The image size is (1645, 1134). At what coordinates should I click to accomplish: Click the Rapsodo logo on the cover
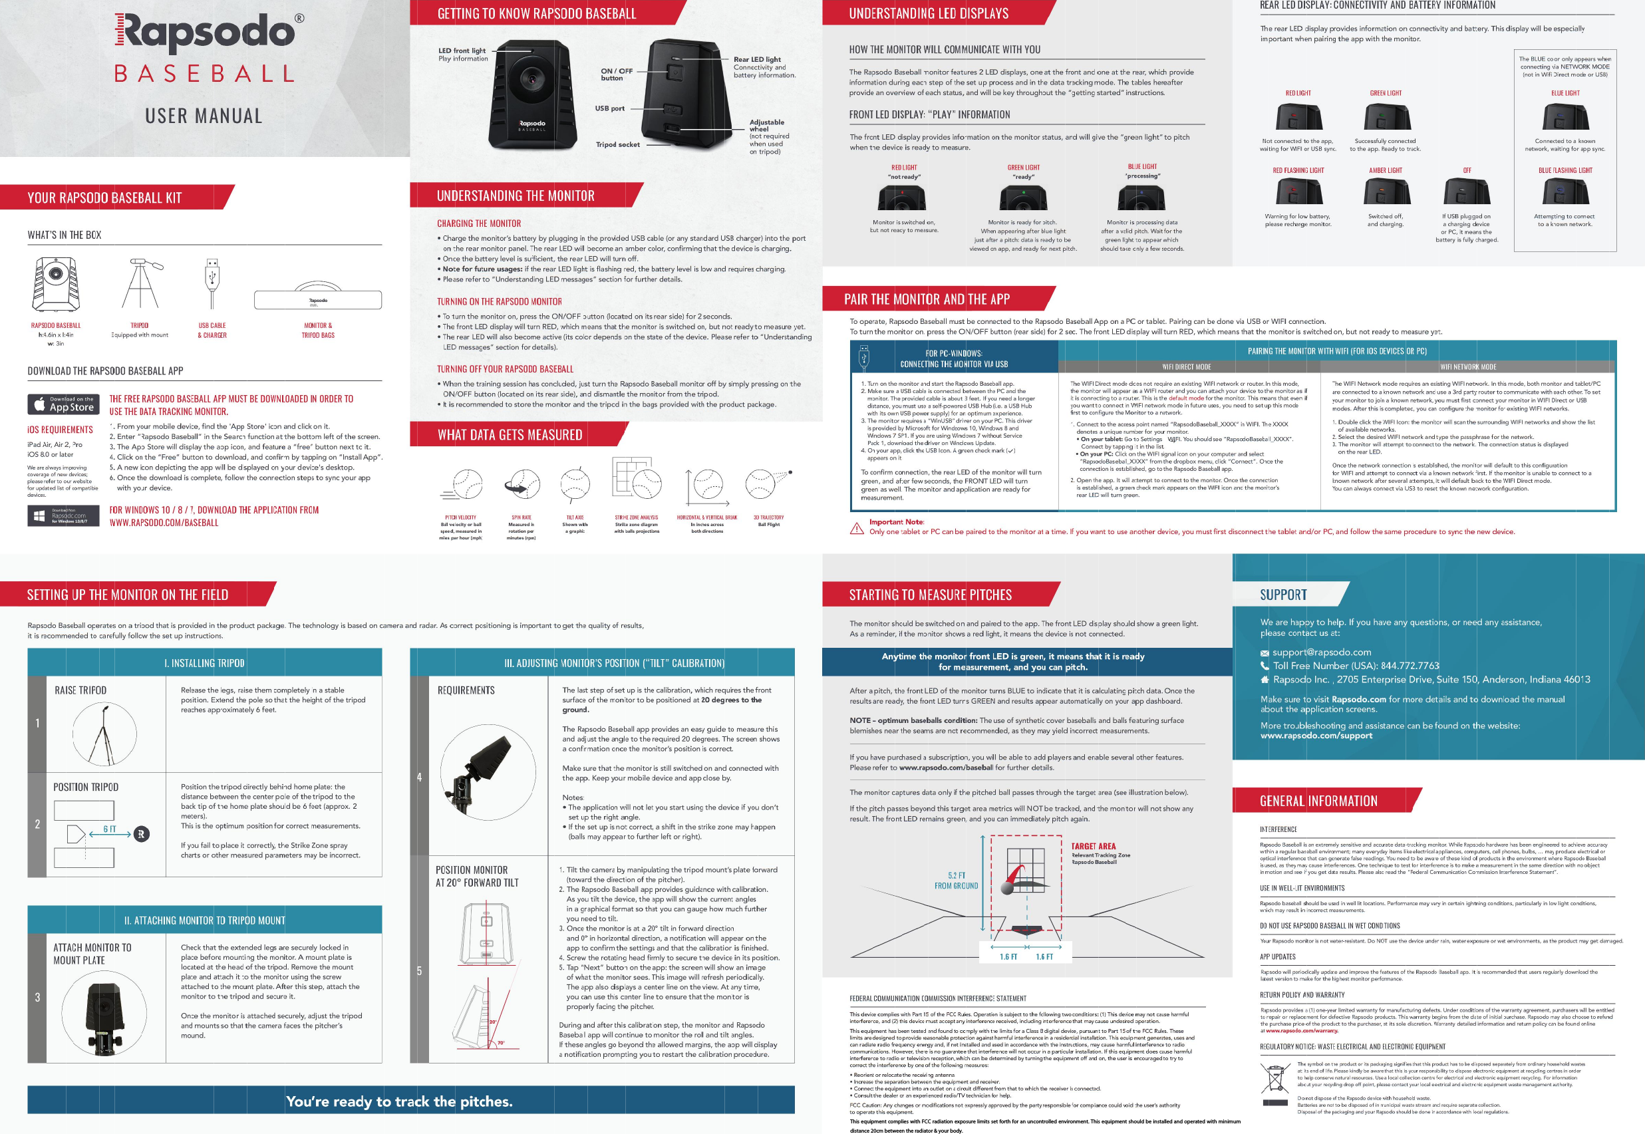point(206,33)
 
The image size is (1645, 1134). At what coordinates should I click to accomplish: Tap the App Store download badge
point(63,404)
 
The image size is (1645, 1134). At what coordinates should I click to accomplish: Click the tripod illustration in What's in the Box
point(139,283)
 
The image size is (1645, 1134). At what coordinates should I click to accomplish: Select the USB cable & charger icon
point(212,283)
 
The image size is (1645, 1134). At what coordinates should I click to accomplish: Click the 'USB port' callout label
point(610,108)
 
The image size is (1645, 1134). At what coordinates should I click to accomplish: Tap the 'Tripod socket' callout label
point(617,144)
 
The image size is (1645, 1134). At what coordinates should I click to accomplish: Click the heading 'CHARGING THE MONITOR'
point(478,223)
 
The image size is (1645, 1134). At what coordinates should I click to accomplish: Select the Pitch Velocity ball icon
point(466,486)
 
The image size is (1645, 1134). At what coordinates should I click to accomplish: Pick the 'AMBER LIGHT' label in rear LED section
point(1385,170)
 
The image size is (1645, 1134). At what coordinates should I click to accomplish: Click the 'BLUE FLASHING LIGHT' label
point(1565,170)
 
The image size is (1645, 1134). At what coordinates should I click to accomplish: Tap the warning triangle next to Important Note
point(857,528)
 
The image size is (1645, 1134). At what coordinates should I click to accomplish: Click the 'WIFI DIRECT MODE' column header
point(1186,366)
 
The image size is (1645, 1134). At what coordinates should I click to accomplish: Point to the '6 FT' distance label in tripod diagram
point(110,829)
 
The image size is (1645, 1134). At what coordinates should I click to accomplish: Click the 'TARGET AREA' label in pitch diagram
point(1093,846)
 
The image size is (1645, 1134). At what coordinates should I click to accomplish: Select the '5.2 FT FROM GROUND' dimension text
point(956,881)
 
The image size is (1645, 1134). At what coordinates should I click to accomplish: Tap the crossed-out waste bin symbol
point(1274,1078)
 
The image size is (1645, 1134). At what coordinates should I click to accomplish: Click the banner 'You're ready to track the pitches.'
point(398,1101)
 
